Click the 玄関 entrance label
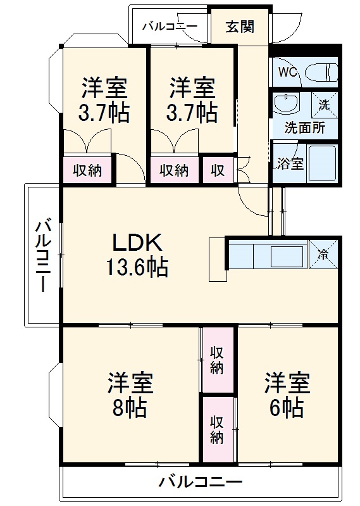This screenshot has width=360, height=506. coord(240,27)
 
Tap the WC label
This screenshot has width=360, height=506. coord(288,72)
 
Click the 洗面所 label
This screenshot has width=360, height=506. coord(305,127)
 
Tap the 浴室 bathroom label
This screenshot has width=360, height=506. coord(290,163)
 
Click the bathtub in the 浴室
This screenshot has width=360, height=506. coord(323,163)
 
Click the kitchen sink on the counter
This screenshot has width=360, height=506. coord(288,256)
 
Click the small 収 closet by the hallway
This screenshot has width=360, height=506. coord(218,170)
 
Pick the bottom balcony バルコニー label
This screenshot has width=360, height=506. coord(200,483)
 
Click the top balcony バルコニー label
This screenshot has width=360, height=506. coord(169,27)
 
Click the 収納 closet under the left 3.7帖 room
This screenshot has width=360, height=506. coord(87,170)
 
